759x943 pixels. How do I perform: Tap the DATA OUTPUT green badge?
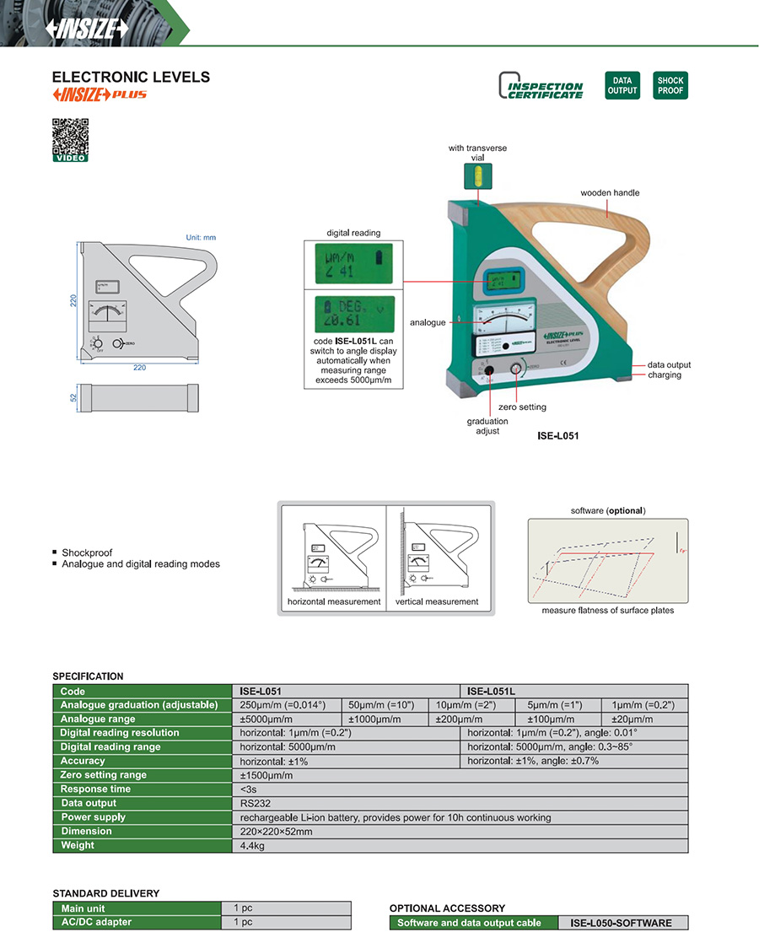coord(622,86)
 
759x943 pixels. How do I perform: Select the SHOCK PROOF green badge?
coord(670,86)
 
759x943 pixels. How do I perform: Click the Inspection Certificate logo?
coord(541,86)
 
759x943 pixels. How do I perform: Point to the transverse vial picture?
coord(478,176)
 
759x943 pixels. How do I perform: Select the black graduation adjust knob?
coord(488,370)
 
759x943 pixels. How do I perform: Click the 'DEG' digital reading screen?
coord(353,313)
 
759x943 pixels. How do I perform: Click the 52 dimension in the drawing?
coord(73,396)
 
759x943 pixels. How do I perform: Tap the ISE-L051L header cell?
coord(573,691)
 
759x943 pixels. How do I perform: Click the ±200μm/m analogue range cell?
coord(459,719)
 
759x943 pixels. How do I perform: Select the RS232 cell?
coord(256,803)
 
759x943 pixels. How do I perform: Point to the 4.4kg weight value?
coord(252,845)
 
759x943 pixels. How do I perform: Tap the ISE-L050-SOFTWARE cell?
coord(621,923)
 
